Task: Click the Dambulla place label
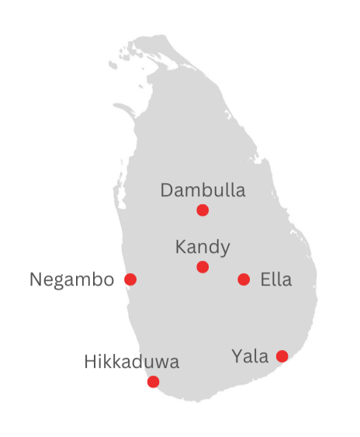[202, 190]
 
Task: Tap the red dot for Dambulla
[202, 210]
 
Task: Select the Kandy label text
[202, 248]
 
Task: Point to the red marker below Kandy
[202, 267]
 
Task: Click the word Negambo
[71, 279]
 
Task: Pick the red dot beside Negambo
[130, 279]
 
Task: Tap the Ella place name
[277, 279]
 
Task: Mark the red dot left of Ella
[244, 279]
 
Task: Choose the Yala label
[250, 356]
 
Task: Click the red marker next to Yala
[282, 356]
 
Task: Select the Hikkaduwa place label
[132, 362]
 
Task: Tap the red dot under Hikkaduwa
[154, 381]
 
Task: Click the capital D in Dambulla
[167, 190]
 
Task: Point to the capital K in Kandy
[181, 248]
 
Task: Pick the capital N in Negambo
[36, 279]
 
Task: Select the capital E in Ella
[265, 279]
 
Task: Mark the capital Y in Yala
[237, 356]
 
